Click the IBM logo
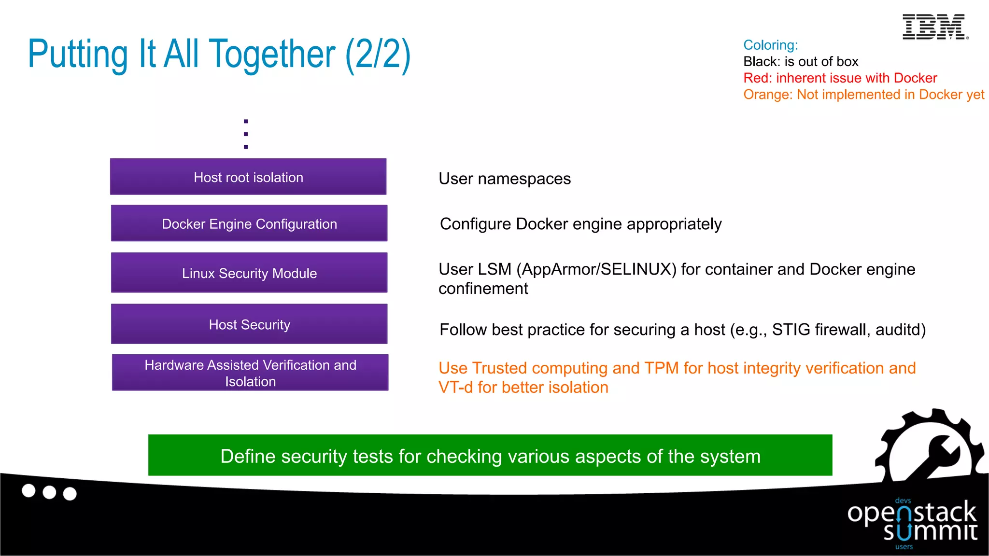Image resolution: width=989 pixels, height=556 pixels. [934, 27]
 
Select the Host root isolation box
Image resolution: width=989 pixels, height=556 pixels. [248, 177]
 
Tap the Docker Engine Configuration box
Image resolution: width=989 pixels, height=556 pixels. [249, 223]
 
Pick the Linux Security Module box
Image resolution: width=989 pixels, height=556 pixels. [249, 273]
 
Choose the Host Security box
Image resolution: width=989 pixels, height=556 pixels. [249, 324]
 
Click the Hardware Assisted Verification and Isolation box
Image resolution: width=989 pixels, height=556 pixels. [250, 373]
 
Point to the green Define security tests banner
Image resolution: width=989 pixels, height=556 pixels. [490, 456]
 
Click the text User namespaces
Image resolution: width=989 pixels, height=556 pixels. [504, 179]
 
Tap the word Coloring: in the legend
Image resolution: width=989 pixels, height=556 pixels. [770, 45]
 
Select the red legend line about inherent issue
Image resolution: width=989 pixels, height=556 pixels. [840, 78]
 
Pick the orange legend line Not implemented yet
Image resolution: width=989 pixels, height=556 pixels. [863, 95]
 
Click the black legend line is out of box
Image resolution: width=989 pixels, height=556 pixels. [800, 62]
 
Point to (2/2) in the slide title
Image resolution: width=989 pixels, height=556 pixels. [378, 54]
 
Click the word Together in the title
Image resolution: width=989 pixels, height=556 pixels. [272, 54]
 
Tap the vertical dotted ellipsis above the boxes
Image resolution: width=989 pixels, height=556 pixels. [246, 134]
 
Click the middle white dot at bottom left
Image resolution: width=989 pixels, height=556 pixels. [49, 492]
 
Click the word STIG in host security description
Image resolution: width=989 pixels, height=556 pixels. [791, 330]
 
